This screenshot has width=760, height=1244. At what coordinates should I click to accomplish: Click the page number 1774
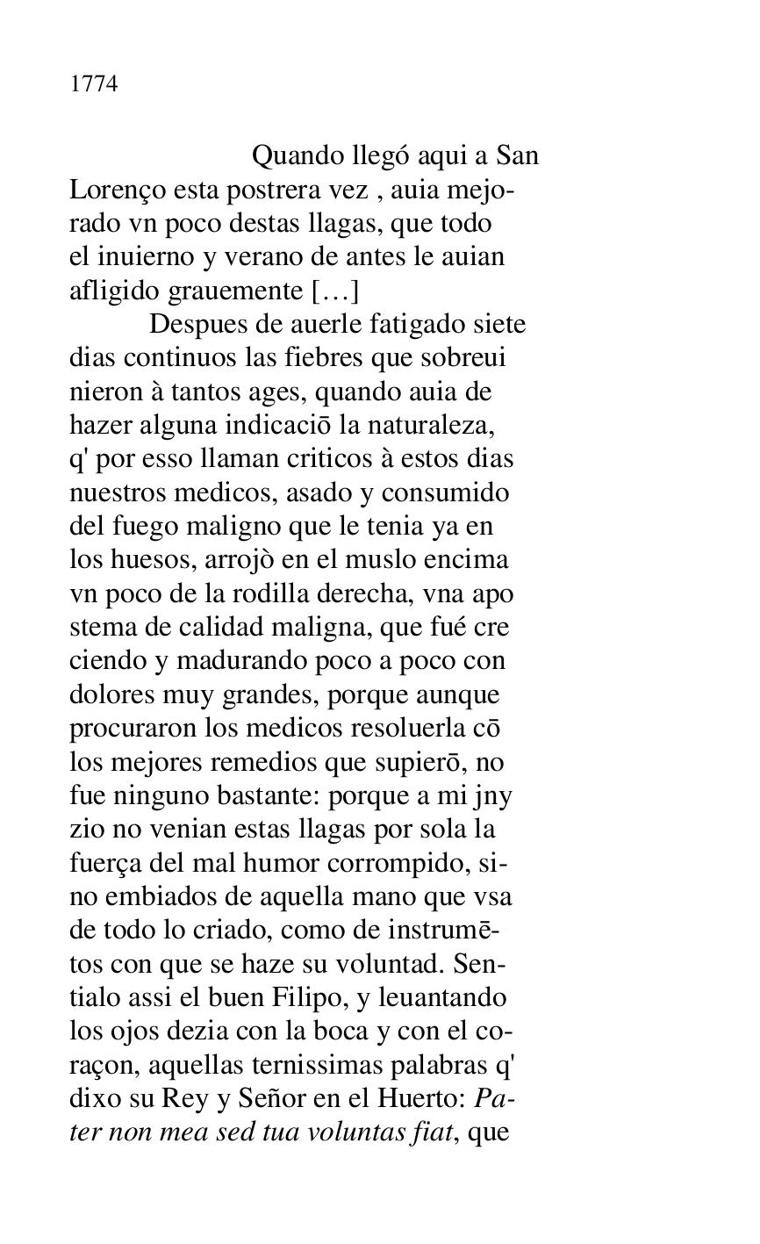click(x=94, y=85)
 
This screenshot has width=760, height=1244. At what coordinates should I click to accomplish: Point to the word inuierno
click(x=145, y=257)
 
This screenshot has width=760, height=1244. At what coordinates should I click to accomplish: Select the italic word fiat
click(x=432, y=1133)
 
